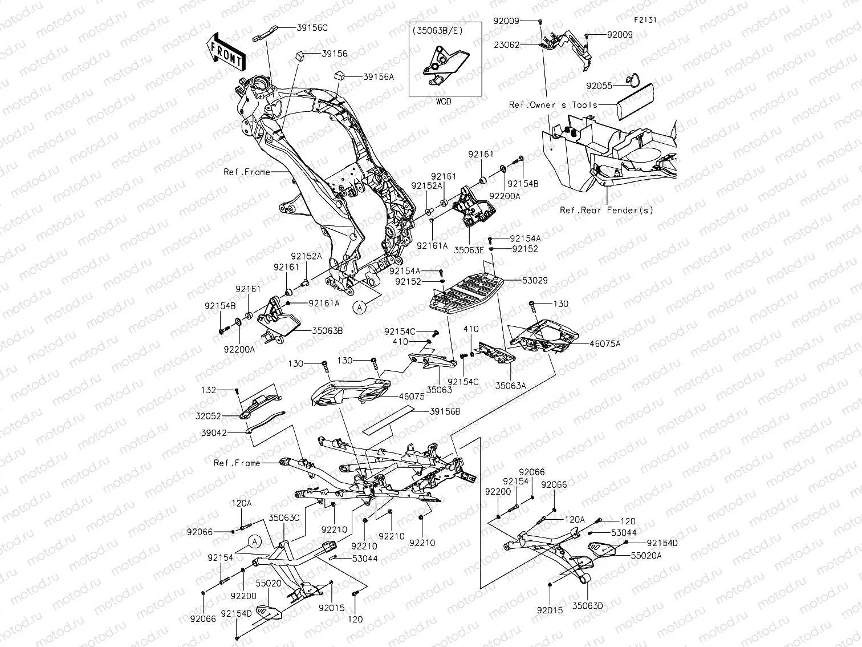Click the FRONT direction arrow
click(x=226, y=51)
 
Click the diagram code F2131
click(x=644, y=19)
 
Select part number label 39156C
click(x=313, y=27)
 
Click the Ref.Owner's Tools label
click(x=553, y=105)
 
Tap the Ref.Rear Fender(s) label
click(x=607, y=210)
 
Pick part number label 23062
click(x=507, y=45)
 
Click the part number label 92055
click(x=599, y=86)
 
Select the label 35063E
click(x=469, y=249)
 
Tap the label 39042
click(x=214, y=433)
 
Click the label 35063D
click(x=587, y=606)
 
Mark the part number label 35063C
click(x=284, y=518)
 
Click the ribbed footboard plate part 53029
click(x=465, y=292)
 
